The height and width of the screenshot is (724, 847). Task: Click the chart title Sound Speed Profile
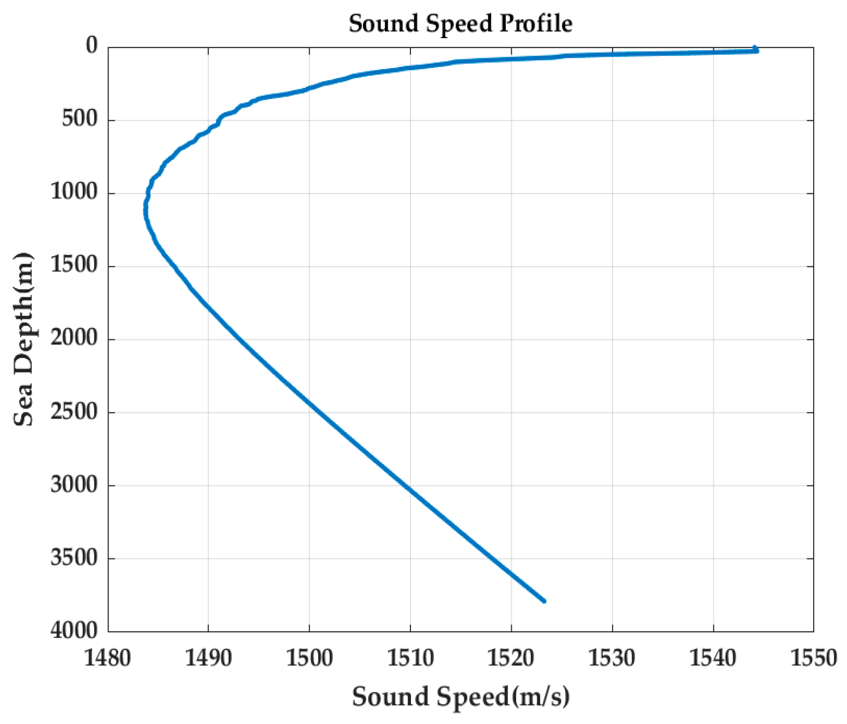coord(461,24)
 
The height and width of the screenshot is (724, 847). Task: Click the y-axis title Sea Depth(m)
coord(23,339)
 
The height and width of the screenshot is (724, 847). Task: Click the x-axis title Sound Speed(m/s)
coord(461,697)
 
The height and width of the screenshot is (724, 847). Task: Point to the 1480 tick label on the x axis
coord(107,658)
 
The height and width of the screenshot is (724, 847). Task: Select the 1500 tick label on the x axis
coord(309,658)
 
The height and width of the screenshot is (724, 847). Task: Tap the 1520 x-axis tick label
coord(511,658)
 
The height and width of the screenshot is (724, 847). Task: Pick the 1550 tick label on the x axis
coord(814,658)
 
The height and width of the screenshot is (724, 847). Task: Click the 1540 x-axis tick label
coord(713,658)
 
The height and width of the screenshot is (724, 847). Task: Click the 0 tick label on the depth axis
coord(92,46)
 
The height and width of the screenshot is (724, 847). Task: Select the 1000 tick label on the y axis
coord(74,192)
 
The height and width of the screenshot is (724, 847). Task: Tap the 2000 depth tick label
coord(74,338)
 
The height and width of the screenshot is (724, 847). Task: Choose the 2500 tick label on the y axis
coord(74,411)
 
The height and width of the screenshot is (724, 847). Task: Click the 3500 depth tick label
coord(74,558)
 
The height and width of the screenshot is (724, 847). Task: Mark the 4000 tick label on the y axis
coord(74,630)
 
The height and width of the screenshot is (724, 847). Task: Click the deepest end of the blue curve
coord(543,601)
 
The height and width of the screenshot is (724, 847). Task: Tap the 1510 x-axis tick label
coord(410,658)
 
